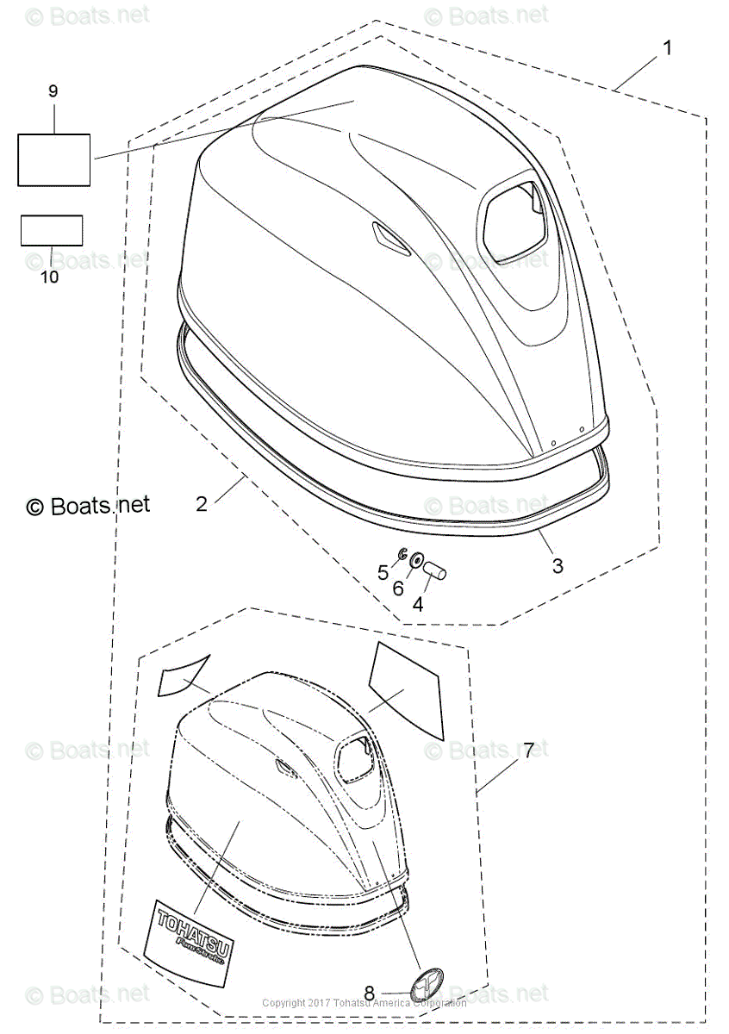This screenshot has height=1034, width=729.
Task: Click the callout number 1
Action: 666,48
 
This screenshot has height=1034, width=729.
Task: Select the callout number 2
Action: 202,504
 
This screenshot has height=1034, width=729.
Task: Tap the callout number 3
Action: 558,565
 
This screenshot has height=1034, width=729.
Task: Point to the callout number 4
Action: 417,604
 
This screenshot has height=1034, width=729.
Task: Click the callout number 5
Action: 383,572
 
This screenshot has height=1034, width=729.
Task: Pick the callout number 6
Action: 398,589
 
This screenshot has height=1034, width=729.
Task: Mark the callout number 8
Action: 370,993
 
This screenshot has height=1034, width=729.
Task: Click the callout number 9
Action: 53,90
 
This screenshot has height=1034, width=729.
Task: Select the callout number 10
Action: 50,277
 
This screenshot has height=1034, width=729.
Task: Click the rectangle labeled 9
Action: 54,159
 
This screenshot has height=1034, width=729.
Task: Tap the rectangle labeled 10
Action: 52,231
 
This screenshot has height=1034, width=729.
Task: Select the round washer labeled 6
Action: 417,561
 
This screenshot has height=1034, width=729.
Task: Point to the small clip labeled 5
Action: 402,553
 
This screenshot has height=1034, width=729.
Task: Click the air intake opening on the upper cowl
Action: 514,221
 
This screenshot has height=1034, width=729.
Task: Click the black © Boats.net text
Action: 88,506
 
